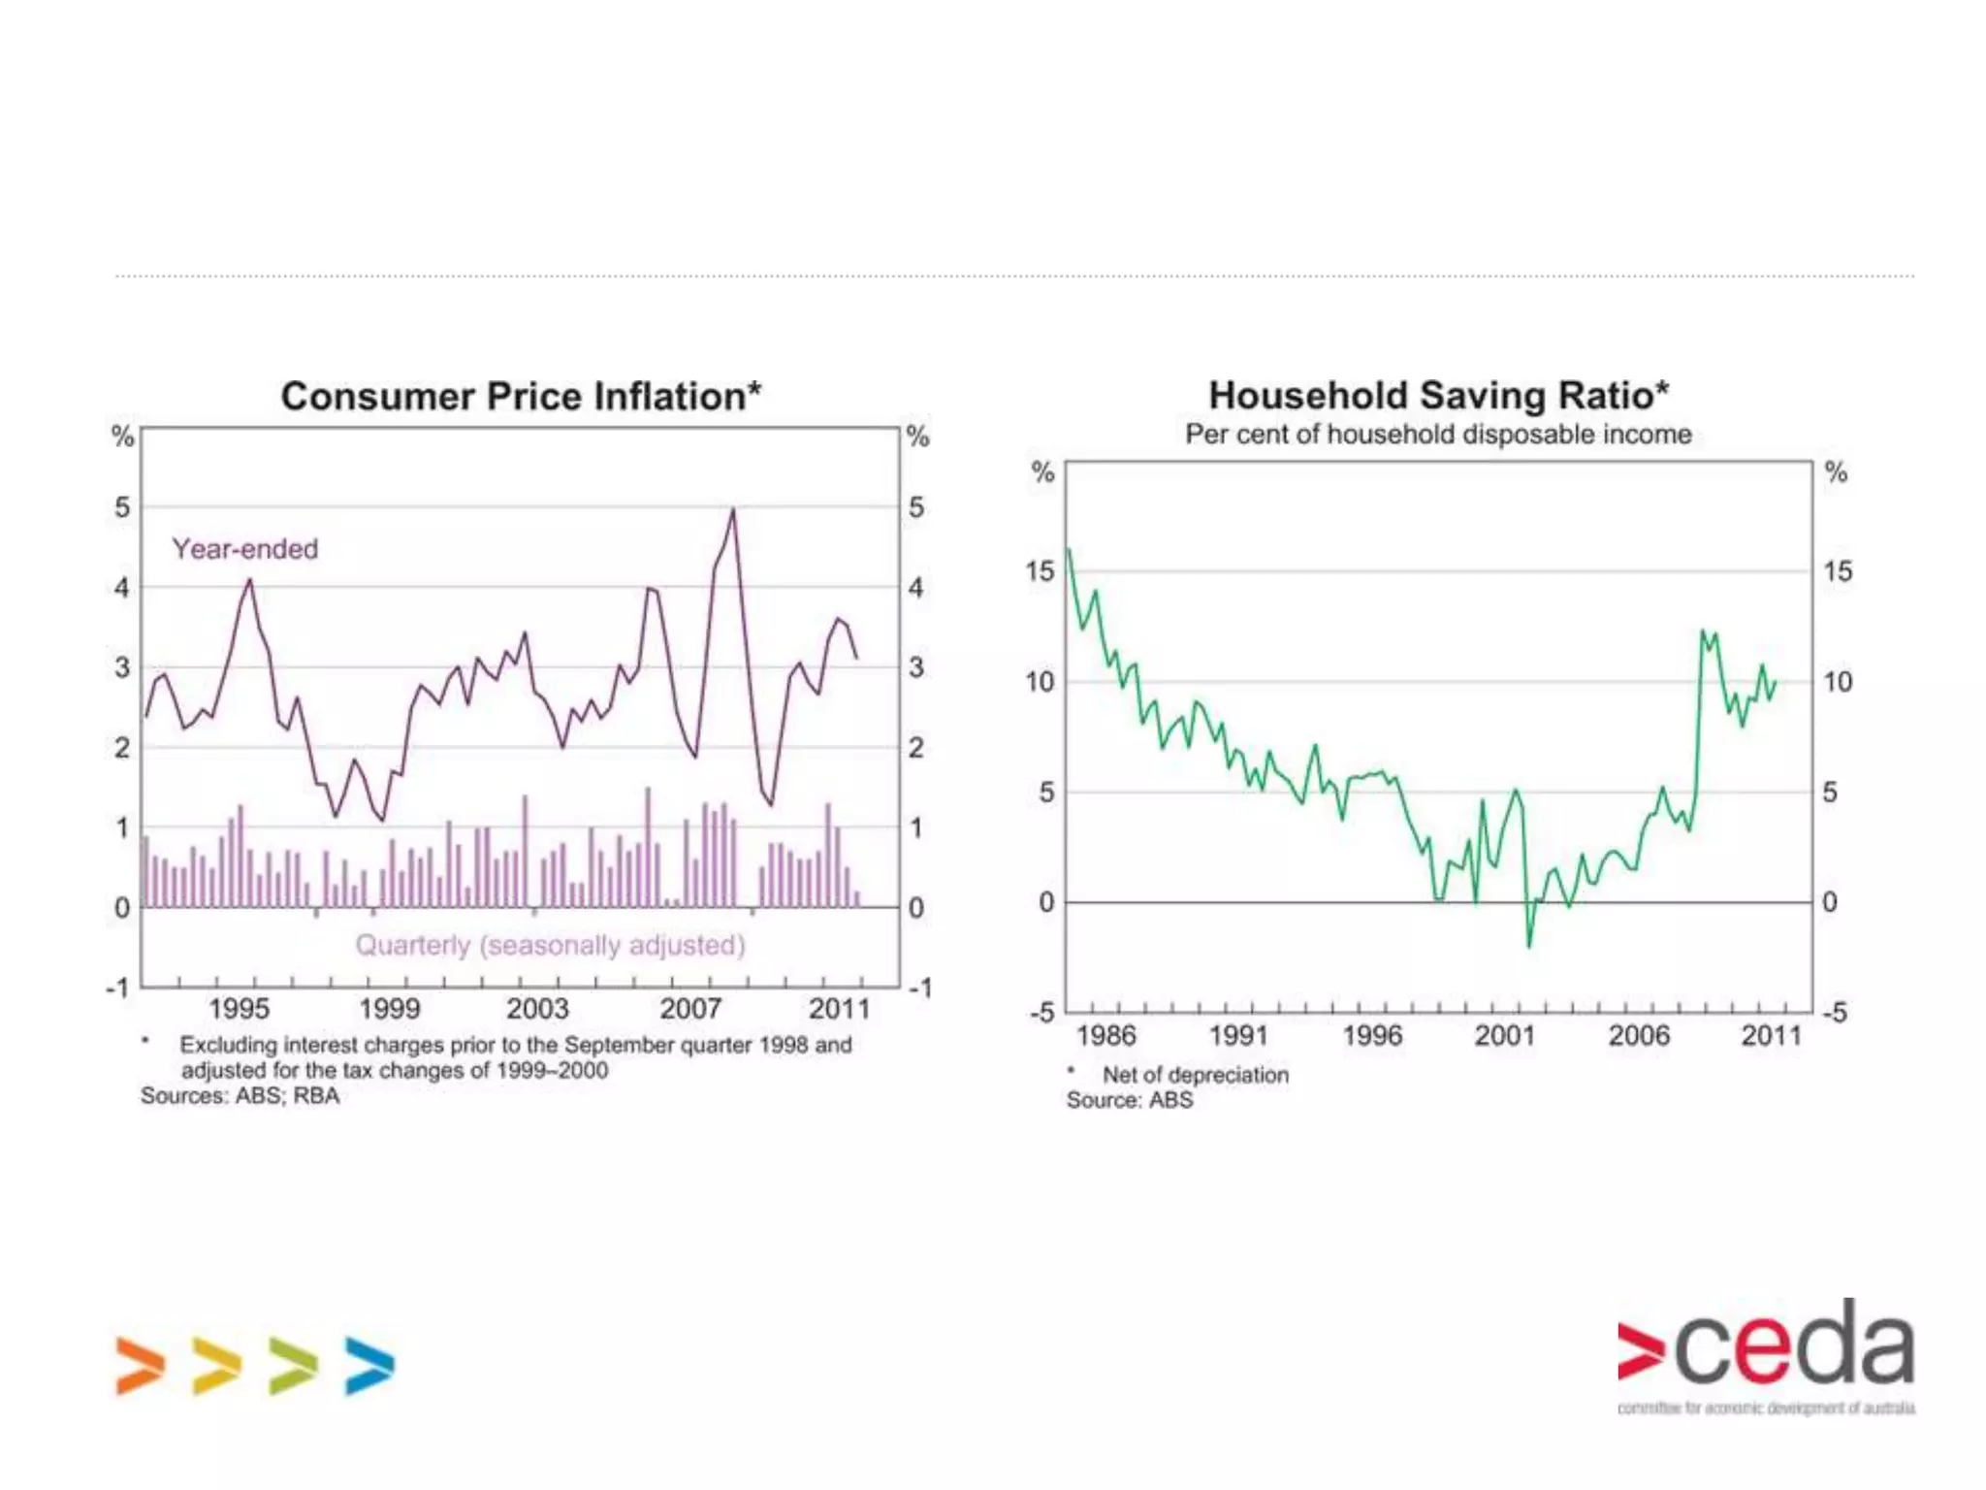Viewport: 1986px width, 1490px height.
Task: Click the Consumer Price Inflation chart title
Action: (521, 397)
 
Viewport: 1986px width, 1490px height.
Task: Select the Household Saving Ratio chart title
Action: (1438, 396)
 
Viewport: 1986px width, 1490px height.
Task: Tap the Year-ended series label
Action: (245, 549)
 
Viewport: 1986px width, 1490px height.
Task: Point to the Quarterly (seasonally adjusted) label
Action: (550, 945)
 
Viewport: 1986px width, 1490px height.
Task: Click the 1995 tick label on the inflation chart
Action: (239, 1009)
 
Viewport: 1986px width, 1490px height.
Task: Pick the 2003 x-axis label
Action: (537, 1009)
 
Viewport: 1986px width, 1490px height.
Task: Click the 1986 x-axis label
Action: (1105, 1036)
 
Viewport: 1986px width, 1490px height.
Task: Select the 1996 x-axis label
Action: (1372, 1036)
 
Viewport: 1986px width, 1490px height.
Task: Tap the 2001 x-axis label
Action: (1505, 1036)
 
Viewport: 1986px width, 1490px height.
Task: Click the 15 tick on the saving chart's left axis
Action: (1040, 571)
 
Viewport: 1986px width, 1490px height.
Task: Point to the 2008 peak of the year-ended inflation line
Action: (733, 509)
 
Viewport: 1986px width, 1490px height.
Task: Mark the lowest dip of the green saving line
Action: (1529, 946)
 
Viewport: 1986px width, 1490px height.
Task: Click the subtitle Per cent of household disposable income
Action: (1438, 435)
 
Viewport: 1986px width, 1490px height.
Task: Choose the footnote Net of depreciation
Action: (1195, 1075)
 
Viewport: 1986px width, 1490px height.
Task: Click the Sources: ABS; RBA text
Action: (240, 1096)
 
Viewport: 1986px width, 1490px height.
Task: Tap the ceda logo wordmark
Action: (1766, 1348)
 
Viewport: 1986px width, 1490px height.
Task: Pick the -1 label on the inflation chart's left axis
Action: (117, 988)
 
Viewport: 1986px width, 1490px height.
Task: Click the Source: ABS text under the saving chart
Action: (1130, 1100)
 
